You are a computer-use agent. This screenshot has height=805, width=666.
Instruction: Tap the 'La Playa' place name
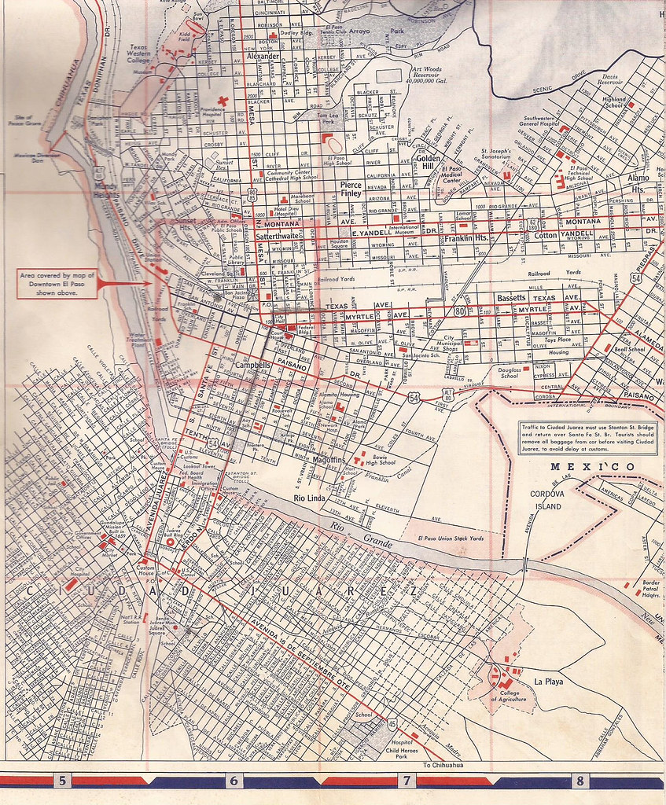548,681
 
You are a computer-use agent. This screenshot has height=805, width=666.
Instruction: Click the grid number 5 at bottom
61,781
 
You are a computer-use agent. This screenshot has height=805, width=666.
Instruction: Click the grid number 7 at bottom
407,781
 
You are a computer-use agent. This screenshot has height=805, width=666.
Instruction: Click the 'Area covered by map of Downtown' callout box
58,284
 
